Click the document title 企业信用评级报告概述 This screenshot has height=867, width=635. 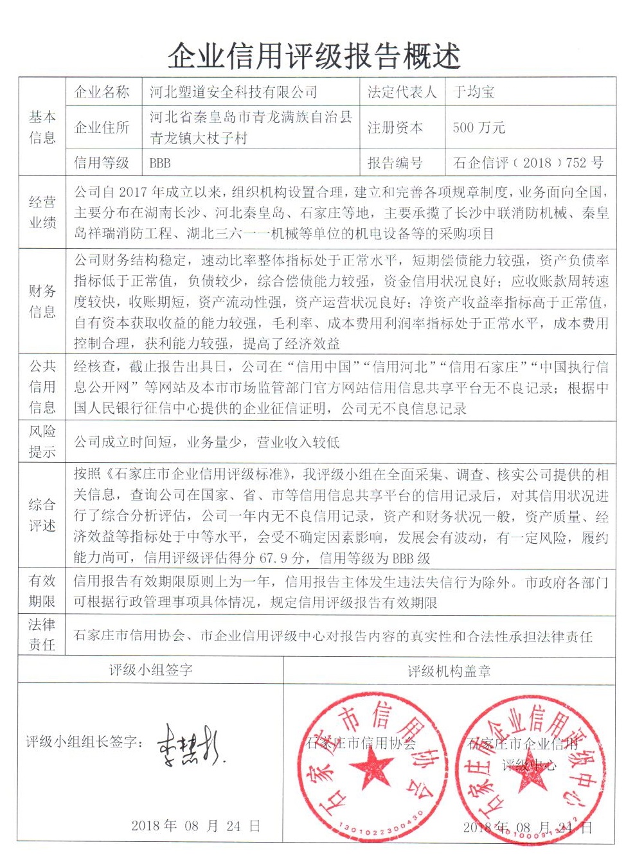coord(314,56)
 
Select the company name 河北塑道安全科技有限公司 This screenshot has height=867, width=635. coord(233,93)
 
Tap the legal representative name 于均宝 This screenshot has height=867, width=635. coord(474,93)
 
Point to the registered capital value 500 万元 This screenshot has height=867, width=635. coord(479,127)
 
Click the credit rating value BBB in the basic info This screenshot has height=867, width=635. coord(160,163)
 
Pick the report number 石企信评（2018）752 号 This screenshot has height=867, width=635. coord(528,163)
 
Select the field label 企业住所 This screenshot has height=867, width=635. coord(102,127)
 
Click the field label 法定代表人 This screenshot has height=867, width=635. coord(402,93)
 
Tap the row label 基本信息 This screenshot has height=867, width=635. coord(42,127)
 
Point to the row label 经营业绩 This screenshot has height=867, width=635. coord(42,212)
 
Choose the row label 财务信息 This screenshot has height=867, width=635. coord(42,301)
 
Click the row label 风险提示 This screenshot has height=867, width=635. coord(42,442)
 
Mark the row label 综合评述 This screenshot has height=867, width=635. coord(42,515)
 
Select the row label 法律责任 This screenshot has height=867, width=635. coord(42,634)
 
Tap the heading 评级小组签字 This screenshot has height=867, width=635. coord(151,670)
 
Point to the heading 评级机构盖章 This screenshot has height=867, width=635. coord(449,672)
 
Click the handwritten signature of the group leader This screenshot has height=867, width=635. coord(190,746)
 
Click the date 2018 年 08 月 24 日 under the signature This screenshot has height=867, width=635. coord(196,826)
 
